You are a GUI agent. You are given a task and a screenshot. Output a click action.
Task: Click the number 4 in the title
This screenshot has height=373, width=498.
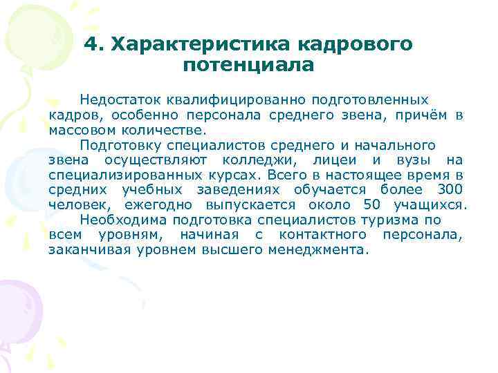click(x=90, y=44)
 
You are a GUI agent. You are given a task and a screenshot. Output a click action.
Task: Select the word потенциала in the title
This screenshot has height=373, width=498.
click(x=249, y=65)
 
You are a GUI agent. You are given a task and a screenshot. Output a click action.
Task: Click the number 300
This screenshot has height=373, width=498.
click(x=450, y=190)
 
